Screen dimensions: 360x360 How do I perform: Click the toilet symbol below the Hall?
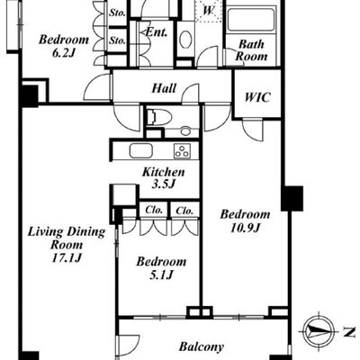[159, 117]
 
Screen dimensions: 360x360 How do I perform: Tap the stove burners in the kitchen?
[182, 150]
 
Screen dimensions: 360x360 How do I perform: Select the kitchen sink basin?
[140, 150]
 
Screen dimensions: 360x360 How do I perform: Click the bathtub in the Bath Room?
[251, 20]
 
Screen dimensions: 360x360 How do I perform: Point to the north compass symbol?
[318, 332]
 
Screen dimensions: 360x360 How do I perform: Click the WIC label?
[257, 97]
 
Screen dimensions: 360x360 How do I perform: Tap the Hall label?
[164, 88]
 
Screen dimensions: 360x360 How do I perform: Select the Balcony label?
[202, 347]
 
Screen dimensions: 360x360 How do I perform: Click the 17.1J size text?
[67, 258]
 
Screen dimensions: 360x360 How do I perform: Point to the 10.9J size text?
[245, 229]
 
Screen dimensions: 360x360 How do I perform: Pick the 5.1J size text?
[161, 274]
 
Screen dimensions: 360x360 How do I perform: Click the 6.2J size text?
[63, 53]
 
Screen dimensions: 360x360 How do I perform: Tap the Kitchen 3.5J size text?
[163, 184]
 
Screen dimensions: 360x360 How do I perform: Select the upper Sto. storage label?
[117, 13]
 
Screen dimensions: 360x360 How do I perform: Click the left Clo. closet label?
[154, 210]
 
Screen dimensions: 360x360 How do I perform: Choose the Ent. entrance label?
[156, 32]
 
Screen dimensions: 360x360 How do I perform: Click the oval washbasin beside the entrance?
[185, 39]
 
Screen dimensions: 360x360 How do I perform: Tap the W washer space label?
[208, 11]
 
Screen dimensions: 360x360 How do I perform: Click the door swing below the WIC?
[252, 130]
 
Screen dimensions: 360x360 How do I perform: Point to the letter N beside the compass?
[348, 332]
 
